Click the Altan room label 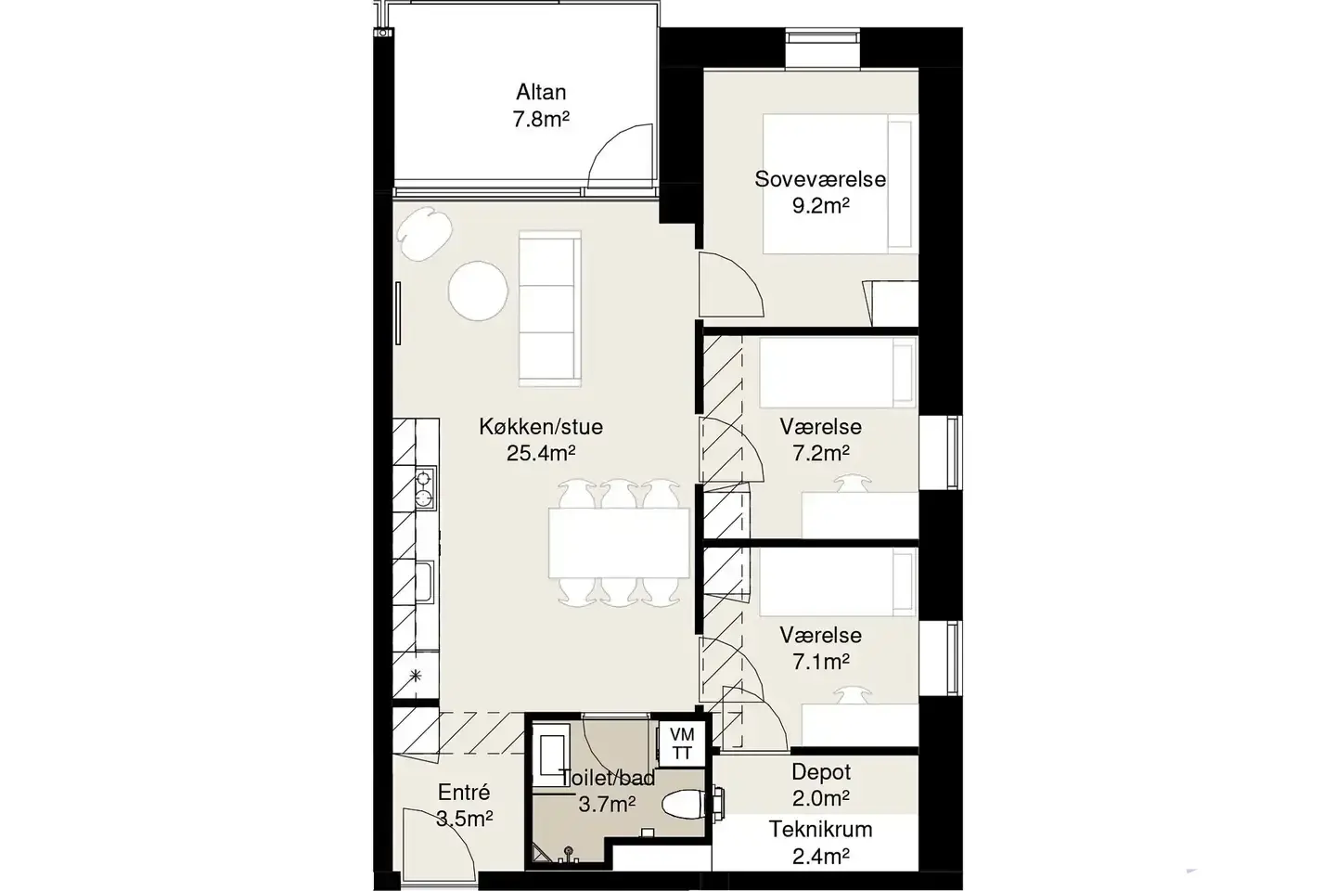pos(541,93)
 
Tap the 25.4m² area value pos(541,454)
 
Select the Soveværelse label pos(820,180)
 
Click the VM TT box pos(682,743)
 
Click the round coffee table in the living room pos(478,291)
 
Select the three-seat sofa pos(550,308)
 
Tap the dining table pos(619,543)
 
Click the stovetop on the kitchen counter pos(425,487)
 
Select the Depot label pos(821,772)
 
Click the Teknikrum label pos(820,830)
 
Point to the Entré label pos(464,792)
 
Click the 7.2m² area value pos(821,454)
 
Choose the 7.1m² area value pos(821,662)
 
